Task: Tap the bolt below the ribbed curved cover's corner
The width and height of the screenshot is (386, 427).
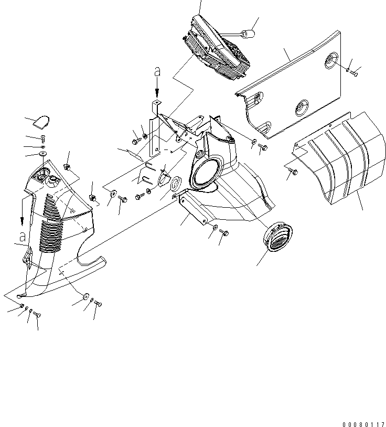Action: [x=293, y=171]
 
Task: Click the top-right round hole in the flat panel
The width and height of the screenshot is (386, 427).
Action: [x=331, y=60]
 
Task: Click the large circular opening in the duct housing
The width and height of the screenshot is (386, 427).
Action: [x=206, y=175]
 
